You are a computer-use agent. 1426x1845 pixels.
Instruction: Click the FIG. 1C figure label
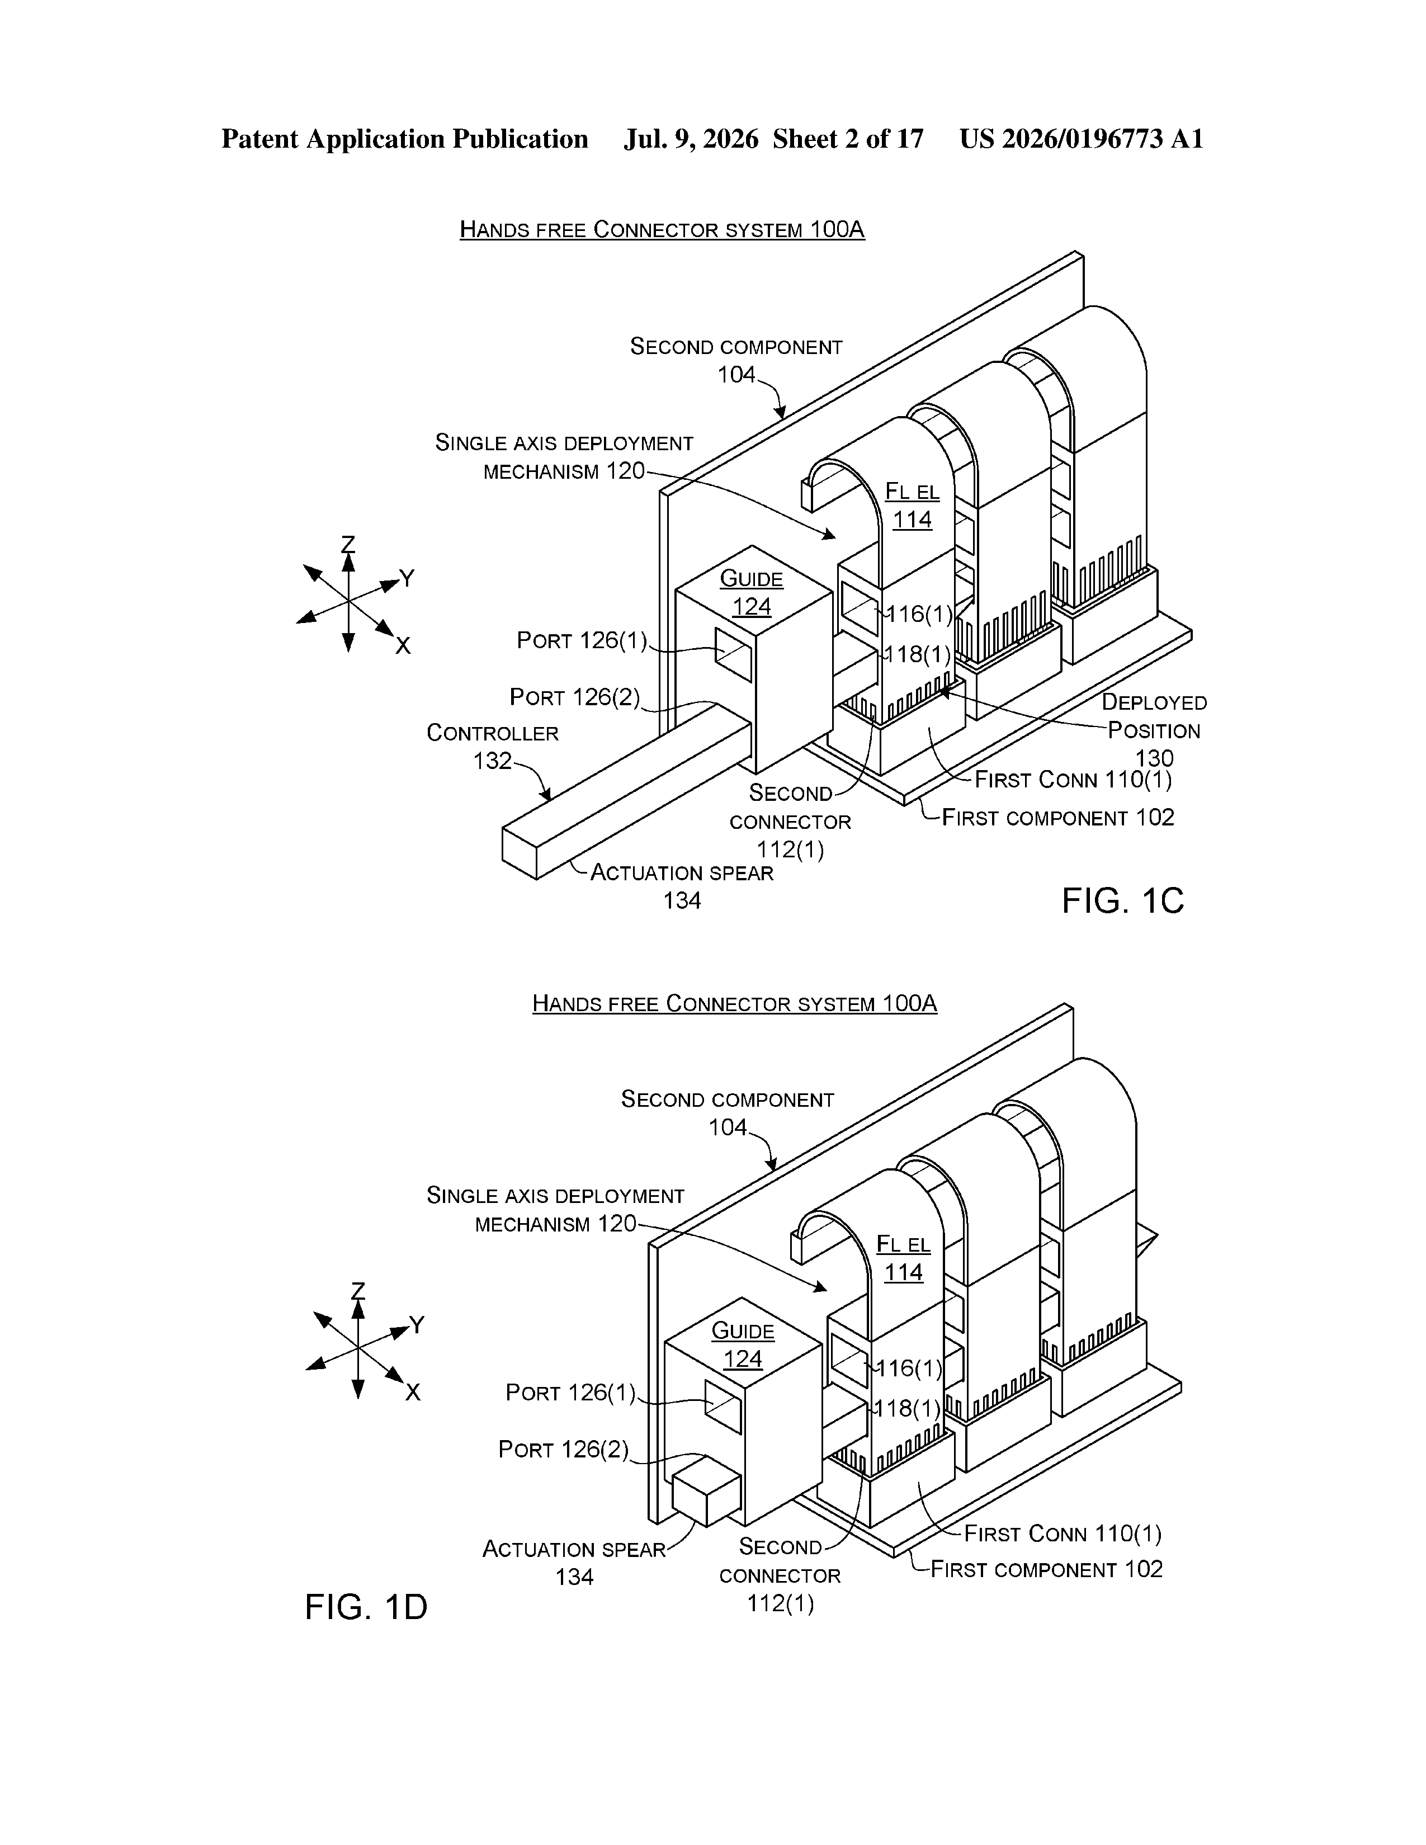[1123, 902]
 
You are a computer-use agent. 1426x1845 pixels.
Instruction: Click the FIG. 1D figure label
[366, 1607]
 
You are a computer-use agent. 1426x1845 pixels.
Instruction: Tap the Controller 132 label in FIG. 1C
[493, 747]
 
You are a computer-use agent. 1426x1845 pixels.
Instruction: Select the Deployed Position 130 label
[1154, 730]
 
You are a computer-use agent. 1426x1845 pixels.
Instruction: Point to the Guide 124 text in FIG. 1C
[752, 593]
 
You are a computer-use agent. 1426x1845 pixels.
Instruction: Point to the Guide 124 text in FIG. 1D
[743, 1345]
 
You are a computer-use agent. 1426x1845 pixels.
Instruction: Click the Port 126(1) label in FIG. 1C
[581, 641]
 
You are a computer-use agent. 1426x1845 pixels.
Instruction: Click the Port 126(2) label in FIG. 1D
[564, 1450]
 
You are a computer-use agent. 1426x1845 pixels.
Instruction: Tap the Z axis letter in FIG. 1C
[348, 544]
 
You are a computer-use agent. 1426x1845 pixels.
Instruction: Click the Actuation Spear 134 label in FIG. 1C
[682, 886]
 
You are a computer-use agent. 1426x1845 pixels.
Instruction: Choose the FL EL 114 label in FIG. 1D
[903, 1258]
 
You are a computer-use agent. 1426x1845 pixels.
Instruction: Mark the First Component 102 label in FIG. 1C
[1057, 818]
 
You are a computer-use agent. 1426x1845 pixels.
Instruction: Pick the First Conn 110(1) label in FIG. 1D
[1063, 1533]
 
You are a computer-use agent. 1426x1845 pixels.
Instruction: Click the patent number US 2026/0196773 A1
[1082, 139]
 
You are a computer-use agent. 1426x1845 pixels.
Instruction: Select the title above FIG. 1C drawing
[662, 230]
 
